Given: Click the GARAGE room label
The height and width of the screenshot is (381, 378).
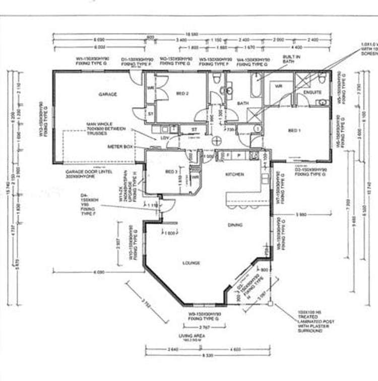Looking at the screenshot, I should [x=107, y=94].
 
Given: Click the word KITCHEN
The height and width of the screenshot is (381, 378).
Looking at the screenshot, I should [x=234, y=174].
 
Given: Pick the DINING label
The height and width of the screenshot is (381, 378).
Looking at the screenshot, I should [x=235, y=225].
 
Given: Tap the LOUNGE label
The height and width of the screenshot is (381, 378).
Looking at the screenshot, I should [x=191, y=263].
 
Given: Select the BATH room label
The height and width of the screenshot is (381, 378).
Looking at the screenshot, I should [x=243, y=103].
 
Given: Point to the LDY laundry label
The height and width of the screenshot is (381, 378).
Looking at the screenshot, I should [x=164, y=137].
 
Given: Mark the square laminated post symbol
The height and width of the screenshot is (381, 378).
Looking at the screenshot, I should [x=271, y=303].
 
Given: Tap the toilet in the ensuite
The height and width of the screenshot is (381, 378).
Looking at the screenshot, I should [x=322, y=77].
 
